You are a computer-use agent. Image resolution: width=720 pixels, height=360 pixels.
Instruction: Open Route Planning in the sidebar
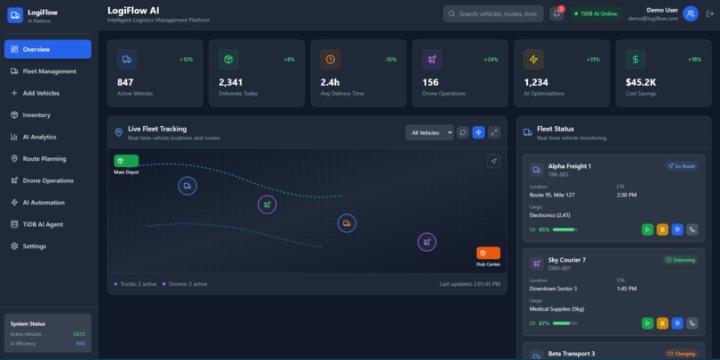(x=44, y=159)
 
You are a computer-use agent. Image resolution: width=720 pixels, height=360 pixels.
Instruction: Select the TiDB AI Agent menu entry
(x=43, y=224)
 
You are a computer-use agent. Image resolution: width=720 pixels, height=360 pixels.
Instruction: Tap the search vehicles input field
(x=494, y=14)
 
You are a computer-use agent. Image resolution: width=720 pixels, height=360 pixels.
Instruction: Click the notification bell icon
(x=557, y=14)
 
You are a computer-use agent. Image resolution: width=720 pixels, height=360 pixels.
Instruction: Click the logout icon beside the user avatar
(x=709, y=13)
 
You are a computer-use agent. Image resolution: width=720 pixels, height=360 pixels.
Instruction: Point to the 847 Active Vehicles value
(x=125, y=82)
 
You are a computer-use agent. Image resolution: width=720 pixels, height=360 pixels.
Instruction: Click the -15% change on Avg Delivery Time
(x=390, y=60)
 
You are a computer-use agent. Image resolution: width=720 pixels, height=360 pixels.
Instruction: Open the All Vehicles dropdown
(x=429, y=132)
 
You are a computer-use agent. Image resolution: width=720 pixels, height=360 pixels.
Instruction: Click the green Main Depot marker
(x=126, y=162)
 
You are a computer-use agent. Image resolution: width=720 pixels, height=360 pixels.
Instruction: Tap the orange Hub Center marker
(x=488, y=253)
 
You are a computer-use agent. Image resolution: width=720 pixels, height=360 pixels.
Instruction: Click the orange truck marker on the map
(x=347, y=223)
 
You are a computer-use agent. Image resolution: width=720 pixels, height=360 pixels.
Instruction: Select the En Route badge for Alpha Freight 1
(x=682, y=166)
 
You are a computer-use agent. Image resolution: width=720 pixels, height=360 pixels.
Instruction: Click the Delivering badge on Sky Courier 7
(x=680, y=260)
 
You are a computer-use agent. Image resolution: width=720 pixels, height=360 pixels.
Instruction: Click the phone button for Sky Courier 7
(x=691, y=323)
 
